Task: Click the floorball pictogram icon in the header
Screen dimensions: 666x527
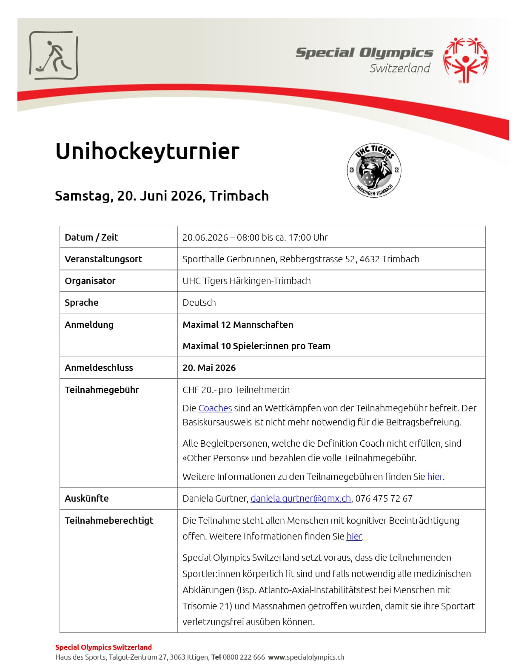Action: coord(54,55)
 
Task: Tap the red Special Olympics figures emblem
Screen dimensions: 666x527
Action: coord(465,60)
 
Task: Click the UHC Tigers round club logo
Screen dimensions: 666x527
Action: coord(374,170)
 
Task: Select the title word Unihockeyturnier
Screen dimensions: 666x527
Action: coord(147,151)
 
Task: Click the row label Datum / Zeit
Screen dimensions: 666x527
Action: coord(91,238)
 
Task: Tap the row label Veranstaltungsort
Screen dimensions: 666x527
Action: coord(103,259)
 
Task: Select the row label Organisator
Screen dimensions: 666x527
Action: coord(90,281)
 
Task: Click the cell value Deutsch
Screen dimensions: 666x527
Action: coord(199,303)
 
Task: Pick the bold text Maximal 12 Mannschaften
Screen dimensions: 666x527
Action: coord(238,325)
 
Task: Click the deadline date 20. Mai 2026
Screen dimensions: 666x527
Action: coord(209,368)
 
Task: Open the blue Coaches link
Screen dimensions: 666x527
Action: coord(215,408)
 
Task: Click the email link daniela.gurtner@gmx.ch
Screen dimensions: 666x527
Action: coord(301,499)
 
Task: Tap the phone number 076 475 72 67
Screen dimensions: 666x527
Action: coord(384,499)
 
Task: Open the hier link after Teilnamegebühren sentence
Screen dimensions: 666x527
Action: coord(436,477)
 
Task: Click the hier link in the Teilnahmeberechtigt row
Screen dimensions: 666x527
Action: coord(354,537)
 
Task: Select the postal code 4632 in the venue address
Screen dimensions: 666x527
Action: coord(369,259)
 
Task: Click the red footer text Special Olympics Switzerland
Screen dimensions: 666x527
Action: coord(103,647)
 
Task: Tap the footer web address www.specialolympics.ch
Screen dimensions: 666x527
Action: coord(306,657)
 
